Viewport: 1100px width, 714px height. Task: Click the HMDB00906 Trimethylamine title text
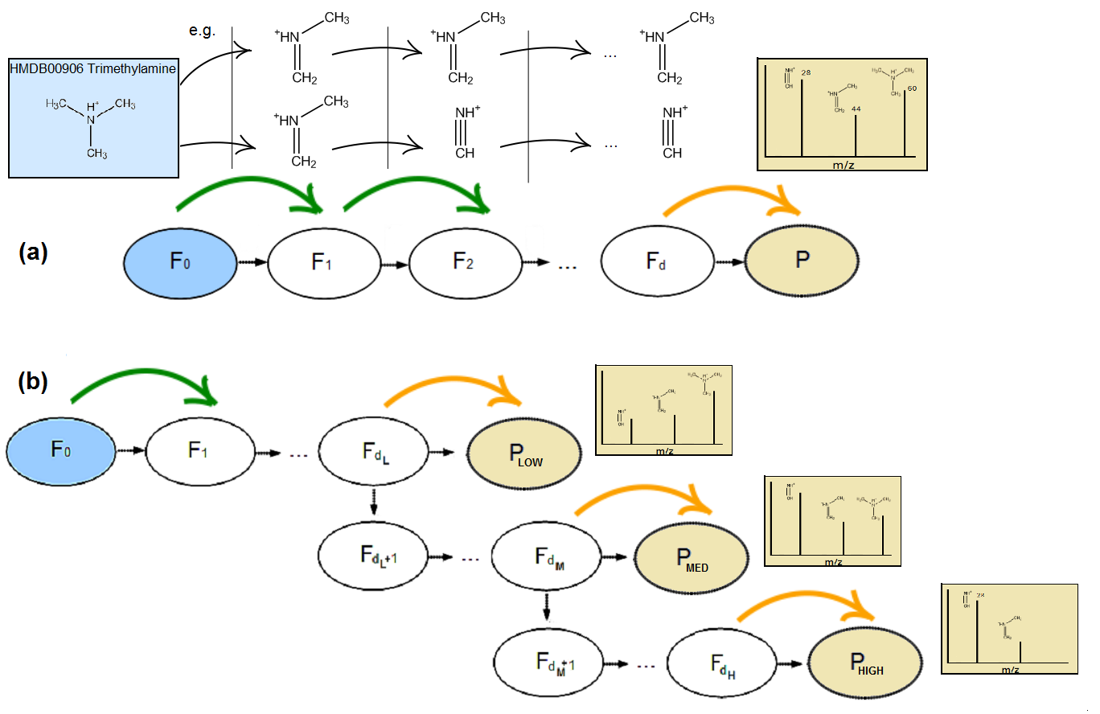click(92, 69)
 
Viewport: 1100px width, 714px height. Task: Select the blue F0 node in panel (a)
click(179, 262)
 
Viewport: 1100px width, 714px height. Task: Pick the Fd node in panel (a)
click(657, 262)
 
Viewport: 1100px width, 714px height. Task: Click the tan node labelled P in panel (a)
click(802, 262)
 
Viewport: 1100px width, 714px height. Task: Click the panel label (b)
click(33, 383)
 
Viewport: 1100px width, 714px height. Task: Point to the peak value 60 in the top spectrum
click(912, 87)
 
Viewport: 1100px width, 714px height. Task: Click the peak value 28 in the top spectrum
click(806, 73)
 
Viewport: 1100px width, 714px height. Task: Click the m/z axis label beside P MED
click(834, 561)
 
